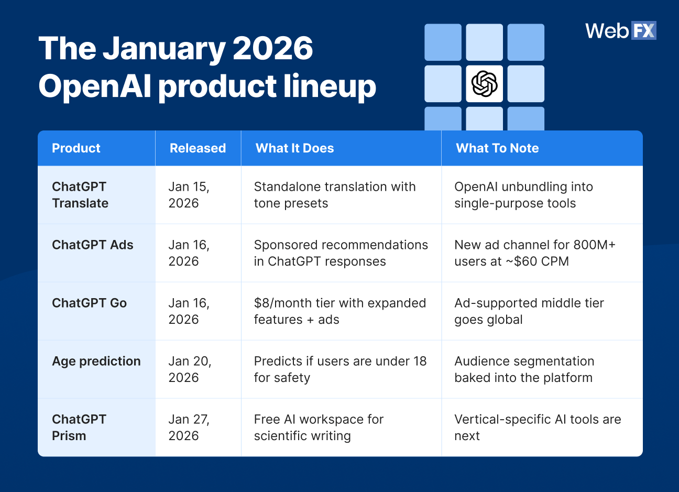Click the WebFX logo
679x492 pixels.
click(620, 31)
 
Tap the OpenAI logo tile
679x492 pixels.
click(484, 84)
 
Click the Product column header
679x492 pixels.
click(76, 148)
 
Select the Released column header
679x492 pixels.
click(198, 148)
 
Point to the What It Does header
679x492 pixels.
click(294, 148)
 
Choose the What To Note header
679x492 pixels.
click(497, 148)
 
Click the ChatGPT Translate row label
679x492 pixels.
click(80, 195)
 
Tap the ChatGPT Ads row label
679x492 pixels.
click(93, 245)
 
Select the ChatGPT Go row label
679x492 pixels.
click(89, 303)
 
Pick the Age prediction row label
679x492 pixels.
click(96, 361)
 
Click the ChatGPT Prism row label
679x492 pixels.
click(79, 427)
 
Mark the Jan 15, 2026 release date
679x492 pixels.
click(188, 195)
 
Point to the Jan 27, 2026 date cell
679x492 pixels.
click(188, 427)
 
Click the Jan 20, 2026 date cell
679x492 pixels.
click(189, 369)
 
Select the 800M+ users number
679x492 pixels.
click(595, 245)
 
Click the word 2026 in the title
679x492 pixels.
click(272, 49)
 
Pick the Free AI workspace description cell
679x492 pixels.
click(319, 427)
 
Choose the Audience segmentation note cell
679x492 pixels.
click(524, 369)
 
